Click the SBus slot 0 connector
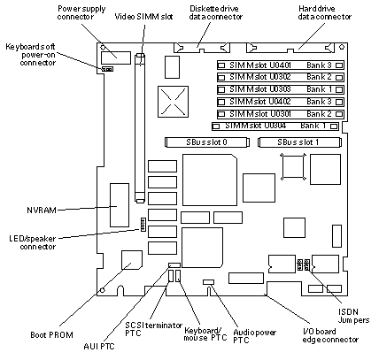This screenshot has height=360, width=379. point(207,142)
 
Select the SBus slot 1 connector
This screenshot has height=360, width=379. point(300,142)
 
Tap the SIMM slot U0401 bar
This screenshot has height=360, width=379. point(281,65)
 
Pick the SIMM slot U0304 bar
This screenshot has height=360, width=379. point(275,126)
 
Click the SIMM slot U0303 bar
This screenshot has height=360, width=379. point(281,89)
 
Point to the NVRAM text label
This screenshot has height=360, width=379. point(42,211)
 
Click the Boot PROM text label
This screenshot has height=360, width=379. point(51,335)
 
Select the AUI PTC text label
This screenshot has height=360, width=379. point(99,346)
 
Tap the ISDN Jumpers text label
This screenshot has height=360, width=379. point(353,316)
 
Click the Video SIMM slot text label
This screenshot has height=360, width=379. point(143,17)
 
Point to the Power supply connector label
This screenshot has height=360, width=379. point(81,12)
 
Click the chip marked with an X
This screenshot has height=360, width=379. point(173,102)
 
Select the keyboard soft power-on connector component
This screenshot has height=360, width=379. point(107,69)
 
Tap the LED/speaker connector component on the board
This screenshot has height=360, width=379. point(143,225)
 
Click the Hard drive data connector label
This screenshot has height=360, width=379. point(325,12)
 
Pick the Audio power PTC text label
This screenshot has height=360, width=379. point(255,336)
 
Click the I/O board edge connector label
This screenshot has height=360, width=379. point(330,335)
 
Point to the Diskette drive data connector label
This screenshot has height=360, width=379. point(216,12)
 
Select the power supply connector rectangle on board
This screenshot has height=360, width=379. point(116,57)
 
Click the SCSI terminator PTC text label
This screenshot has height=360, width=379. point(153,329)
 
